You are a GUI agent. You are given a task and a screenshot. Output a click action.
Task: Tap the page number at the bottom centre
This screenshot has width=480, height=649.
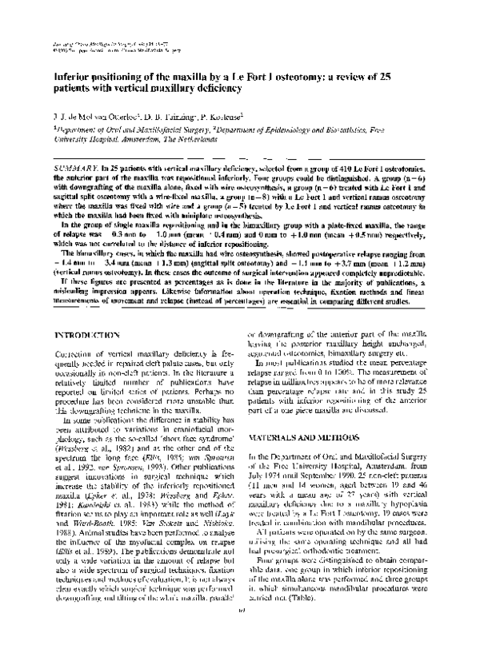[x=239, y=641]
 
